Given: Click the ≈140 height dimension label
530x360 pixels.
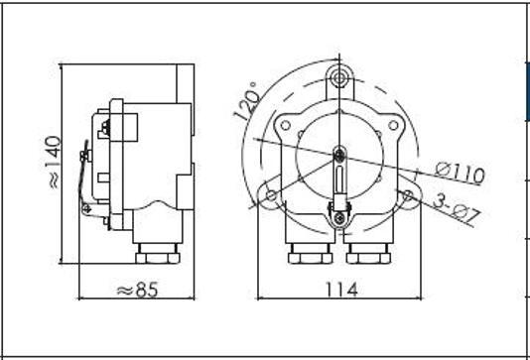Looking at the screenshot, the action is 54,162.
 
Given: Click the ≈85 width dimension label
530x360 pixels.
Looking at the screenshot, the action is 138,290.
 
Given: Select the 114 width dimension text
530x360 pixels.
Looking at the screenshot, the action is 341,290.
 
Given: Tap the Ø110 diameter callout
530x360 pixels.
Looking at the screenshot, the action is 460,173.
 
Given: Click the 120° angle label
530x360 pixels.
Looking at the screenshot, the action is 247,101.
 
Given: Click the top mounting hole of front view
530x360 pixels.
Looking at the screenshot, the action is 339,78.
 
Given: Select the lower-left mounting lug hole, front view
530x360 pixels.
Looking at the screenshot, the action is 271,195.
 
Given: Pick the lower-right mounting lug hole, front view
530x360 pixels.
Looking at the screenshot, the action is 408,194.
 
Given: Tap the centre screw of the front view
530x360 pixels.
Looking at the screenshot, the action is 338,155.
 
